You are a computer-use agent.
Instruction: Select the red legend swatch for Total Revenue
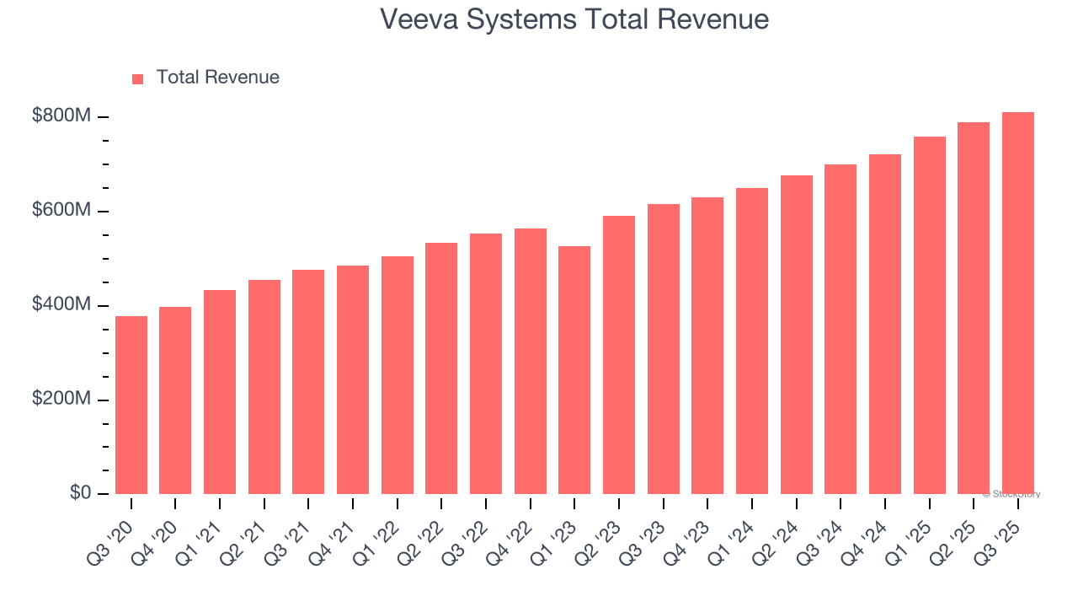138,78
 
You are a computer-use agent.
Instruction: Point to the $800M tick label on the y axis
61,116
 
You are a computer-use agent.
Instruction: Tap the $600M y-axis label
61,211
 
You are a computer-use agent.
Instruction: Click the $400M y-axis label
61,304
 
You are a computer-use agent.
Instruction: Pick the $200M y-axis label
61,399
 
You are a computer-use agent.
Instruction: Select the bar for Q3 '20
131,405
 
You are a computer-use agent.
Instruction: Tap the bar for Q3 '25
1017,303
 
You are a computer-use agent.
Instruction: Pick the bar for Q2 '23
619,354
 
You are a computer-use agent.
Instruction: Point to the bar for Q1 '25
929,315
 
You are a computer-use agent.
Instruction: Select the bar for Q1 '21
220,392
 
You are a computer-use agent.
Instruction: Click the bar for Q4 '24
884,324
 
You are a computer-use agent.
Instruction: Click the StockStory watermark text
1011,494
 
